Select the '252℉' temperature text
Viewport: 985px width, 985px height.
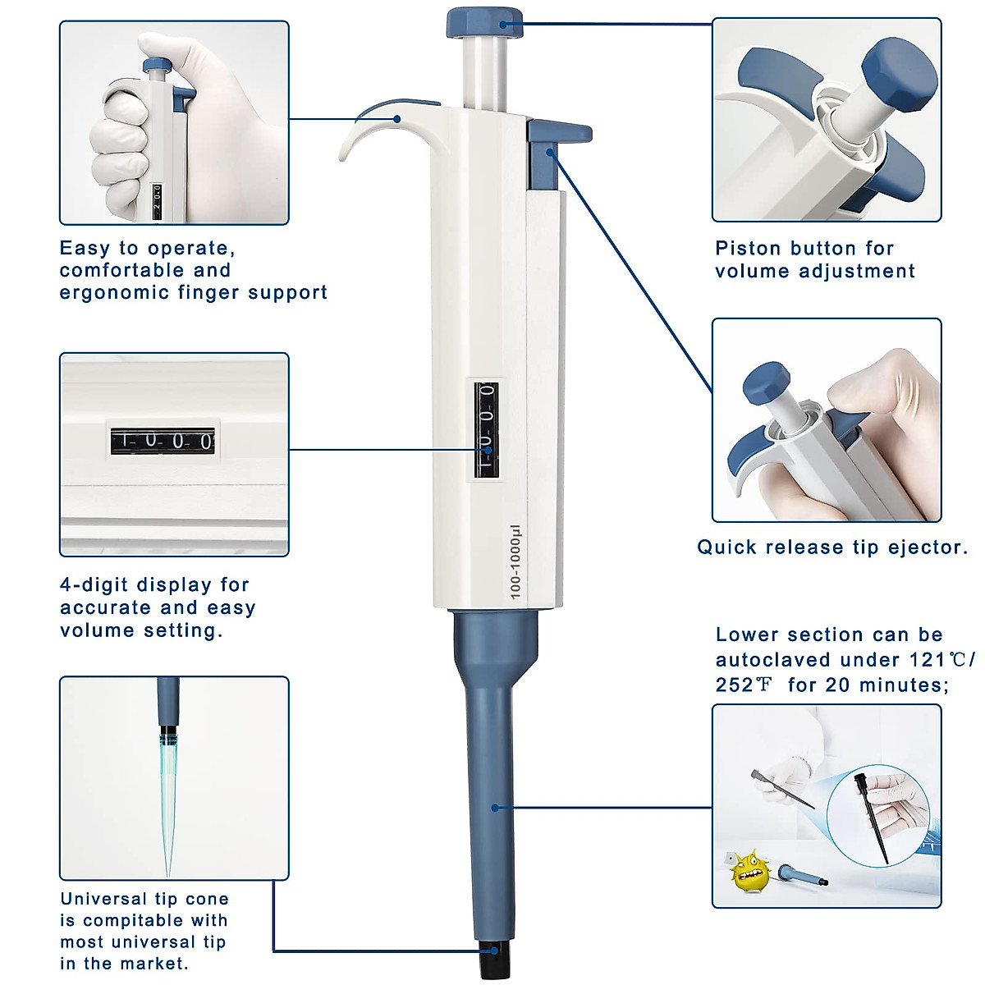pyautogui.click(x=744, y=685)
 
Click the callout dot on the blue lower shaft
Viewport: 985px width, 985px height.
pyautogui.click(x=495, y=808)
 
